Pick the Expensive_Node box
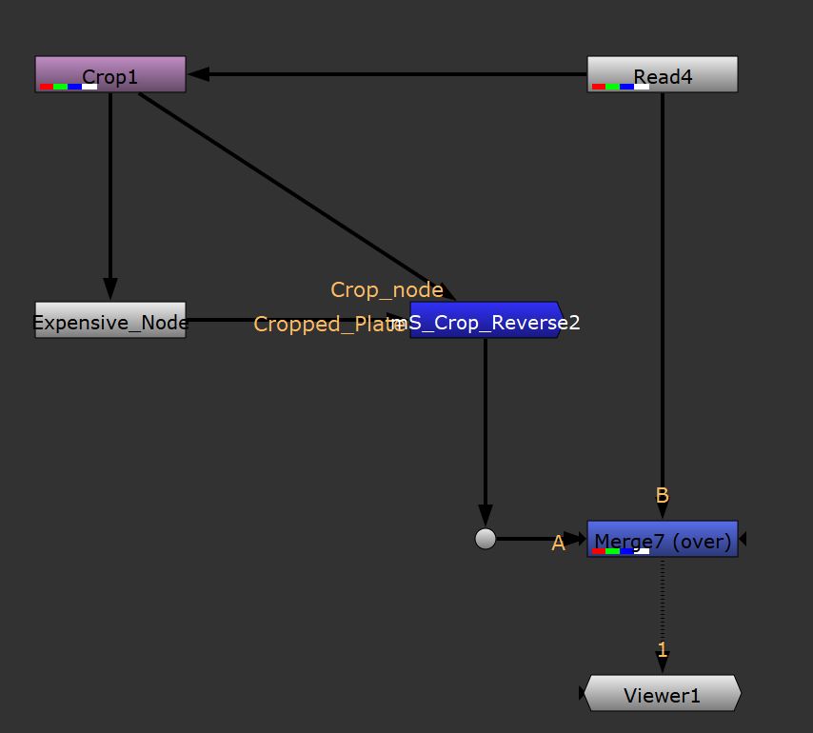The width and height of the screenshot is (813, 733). pyautogui.click(x=110, y=321)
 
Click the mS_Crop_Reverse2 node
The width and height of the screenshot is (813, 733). pyautogui.click(x=486, y=322)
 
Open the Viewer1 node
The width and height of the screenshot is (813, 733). pyautogui.click(x=662, y=695)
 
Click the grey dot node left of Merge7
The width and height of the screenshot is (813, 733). pyautogui.click(x=486, y=539)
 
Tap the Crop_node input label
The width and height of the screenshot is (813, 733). pyautogui.click(x=387, y=289)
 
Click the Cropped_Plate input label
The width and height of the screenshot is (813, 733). pyautogui.click(x=328, y=325)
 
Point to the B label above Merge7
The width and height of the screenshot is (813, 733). pyautogui.click(x=663, y=495)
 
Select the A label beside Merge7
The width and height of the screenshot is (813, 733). pyautogui.click(x=559, y=543)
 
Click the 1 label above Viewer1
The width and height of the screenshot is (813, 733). pyautogui.click(x=663, y=650)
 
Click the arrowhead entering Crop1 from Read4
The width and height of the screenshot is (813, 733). pyautogui.click(x=198, y=74)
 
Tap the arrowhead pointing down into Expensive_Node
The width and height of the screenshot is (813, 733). pyautogui.click(x=110, y=288)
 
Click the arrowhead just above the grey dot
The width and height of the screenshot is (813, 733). pyautogui.click(x=486, y=517)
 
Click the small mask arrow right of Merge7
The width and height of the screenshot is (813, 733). pyautogui.click(x=743, y=539)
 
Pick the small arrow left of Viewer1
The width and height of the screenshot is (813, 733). pyautogui.click(x=581, y=695)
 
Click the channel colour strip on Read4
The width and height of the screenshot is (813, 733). pyautogui.click(x=621, y=87)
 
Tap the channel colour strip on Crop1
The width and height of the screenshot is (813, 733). pyautogui.click(x=69, y=87)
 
